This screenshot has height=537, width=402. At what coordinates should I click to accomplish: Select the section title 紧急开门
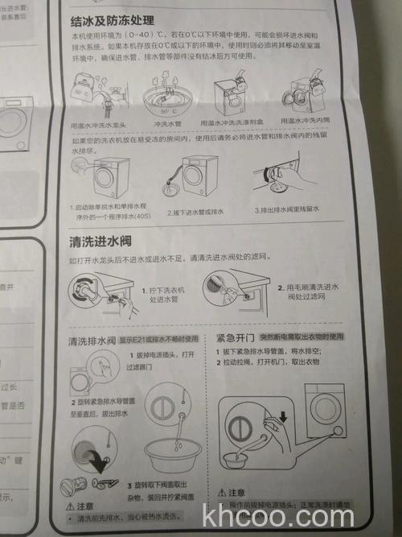coord(236,337)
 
